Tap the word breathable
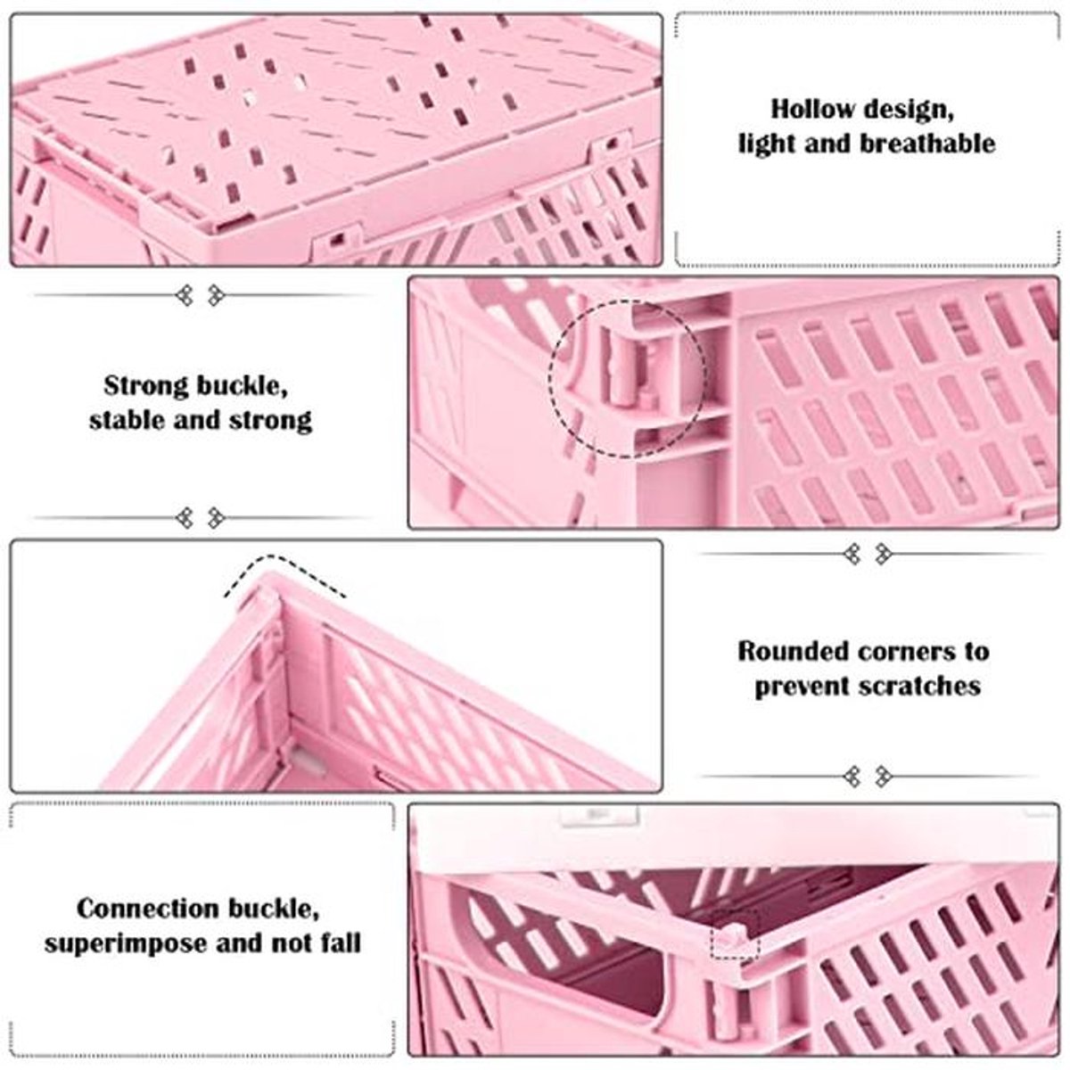click(x=927, y=144)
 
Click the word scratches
click(x=919, y=686)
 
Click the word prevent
click(x=802, y=687)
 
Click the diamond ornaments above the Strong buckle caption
click(x=201, y=295)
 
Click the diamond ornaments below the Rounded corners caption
click(x=868, y=777)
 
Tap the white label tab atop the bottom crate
click(x=601, y=815)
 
